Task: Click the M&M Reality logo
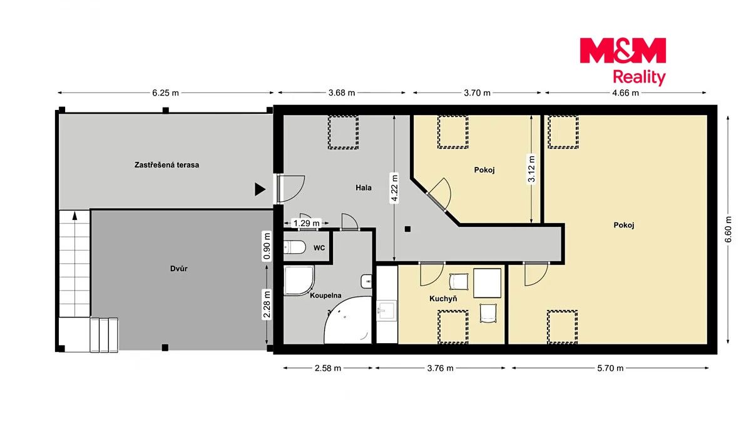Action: coord(623,61)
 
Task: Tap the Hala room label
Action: coord(364,188)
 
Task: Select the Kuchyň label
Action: coord(443,299)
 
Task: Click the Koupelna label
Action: coord(325,296)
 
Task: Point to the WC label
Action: coord(319,248)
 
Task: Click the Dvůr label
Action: coord(179,268)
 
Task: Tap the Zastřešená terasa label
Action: coord(166,165)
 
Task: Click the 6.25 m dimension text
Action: coord(166,92)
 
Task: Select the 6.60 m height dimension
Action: coord(728,229)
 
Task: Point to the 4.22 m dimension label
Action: coord(395,188)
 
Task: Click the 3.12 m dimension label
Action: coord(531,169)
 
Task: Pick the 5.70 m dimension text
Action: coord(610,368)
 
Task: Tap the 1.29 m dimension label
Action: coord(307,223)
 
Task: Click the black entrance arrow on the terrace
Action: coord(260,189)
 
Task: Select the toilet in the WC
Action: coord(294,247)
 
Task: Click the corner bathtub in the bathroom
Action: coord(349,321)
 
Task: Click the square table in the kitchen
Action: coord(487,283)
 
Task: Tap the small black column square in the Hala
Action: coord(407,229)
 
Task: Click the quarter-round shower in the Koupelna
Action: coord(299,281)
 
